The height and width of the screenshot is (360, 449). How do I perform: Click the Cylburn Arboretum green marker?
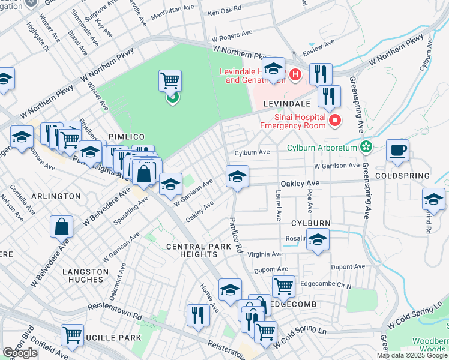click(x=366, y=147)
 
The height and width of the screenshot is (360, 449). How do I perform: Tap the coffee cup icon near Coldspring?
click(x=397, y=150)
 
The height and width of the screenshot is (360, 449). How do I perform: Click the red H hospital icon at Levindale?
click(x=295, y=75)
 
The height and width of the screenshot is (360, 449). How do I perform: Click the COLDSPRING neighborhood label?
click(x=402, y=176)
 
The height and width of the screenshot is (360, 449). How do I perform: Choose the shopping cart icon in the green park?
click(x=170, y=80)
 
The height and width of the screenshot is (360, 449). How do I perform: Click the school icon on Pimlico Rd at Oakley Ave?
click(x=237, y=176)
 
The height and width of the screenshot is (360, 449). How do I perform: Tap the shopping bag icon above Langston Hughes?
click(x=62, y=227)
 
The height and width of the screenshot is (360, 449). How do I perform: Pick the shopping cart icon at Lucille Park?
click(x=72, y=334)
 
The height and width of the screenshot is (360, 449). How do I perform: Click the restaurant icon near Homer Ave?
click(x=197, y=314)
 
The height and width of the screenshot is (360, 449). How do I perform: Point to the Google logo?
click(x=20, y=353)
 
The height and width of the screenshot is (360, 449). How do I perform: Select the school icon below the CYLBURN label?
click(x=318, y=241)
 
